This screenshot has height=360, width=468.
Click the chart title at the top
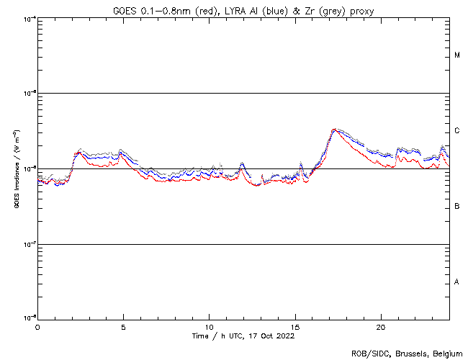pyautogui.click(x=244, y=11)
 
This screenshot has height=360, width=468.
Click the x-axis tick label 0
pyautogui.click(x=37, y=326)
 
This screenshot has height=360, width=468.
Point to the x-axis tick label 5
pyautogui.click(x=123, y=326)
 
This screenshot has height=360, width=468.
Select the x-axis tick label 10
pyautogui.click(x=209, y=326)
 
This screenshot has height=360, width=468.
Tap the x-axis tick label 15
pyautogui.click(x=295, y=326)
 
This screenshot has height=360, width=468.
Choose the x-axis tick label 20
pyautogui.click(x=381, y=326)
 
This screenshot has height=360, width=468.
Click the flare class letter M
pyautogui.click(x=457, y=55)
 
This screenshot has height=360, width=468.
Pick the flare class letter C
pyautogui.click(x=457, y=131)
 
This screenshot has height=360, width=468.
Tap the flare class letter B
pyautogui.click(x=457, y=207)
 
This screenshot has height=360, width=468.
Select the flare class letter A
pyautogui.click(x=457, y=282)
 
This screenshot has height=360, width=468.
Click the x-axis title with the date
pyautogui.click(x=243, y=336)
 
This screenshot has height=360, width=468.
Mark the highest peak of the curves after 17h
pyautogui.click(x=334, y=129)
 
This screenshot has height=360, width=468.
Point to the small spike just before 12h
pyautogui.click(x=242, y=163)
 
